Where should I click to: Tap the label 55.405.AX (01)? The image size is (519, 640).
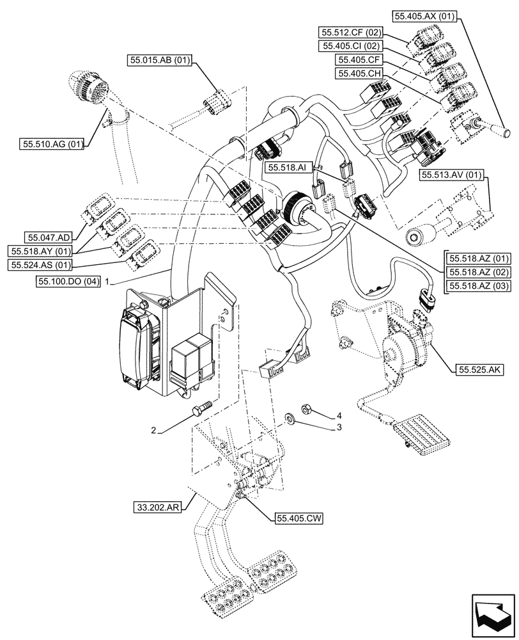[x=423, y=17]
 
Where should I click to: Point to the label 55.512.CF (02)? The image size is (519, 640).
[x=351, y=32]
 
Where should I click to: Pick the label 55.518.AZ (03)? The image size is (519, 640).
[x=480, y=285]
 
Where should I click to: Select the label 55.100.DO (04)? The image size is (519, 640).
[x=69, y=282]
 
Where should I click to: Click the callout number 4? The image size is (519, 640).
[x=339, y=416]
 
